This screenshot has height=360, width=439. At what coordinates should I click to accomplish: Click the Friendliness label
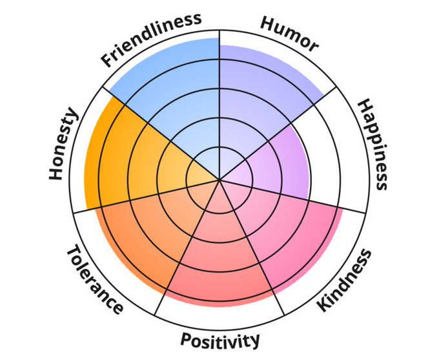(x=151, y=39)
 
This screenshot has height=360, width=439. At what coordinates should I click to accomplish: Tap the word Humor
(x=289, y=33)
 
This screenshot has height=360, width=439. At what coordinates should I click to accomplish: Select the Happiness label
(x=373, y=144)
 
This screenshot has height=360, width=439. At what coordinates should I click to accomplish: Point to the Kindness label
(x=345, y=280)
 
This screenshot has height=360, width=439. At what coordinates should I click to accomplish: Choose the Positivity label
(x=219, y=339)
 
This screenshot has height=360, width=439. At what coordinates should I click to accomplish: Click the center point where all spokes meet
(x=219, y=180)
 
